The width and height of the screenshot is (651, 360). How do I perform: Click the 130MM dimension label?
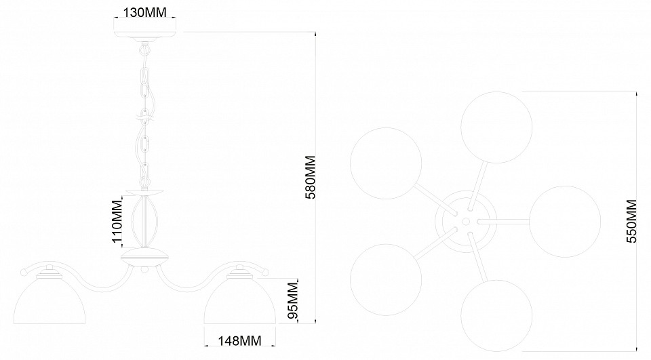coord(145,12)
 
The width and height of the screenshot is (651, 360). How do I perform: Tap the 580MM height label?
coord(310,178)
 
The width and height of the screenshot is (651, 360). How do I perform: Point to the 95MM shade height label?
coord(293,300)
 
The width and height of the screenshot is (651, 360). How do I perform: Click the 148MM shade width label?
coord(240,341)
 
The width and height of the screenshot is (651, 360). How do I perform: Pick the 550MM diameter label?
coord(631,221)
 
